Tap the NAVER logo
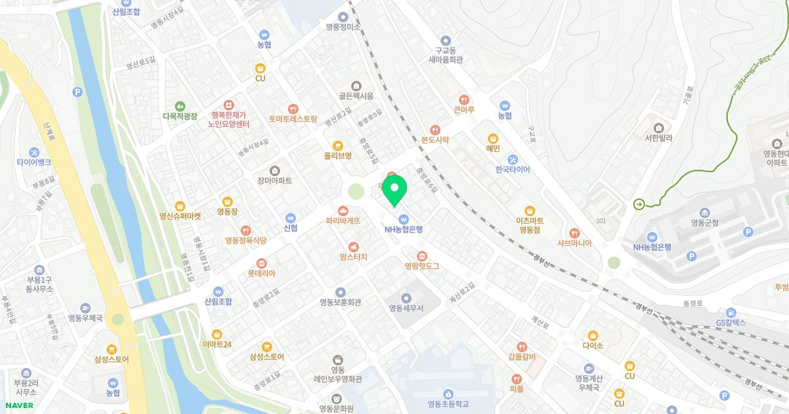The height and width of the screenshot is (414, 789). tap(18, 405)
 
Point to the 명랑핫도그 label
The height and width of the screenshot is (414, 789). tap(421, 266)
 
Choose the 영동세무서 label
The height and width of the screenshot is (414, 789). tap(406, 308)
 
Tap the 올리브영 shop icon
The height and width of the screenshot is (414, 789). tap(337, 145)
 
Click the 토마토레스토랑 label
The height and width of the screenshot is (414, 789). tap(293, 120)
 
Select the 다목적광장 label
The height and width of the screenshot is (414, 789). tap(179, 116)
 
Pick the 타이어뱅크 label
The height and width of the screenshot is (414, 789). tap(34, 162)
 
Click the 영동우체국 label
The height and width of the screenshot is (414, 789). tap(85, 318)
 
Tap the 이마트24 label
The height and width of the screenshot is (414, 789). tap(217, 344)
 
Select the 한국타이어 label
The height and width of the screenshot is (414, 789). tap(513, 170)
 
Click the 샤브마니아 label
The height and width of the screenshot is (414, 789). tap(574, 242)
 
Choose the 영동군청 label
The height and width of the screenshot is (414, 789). tap(704, 222)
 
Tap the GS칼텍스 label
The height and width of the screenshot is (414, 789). tap(731, 323)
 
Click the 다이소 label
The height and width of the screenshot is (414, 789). tap(592, 345)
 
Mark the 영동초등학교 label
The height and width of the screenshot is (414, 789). tap(448, 403)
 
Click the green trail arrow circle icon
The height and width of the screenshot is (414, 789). tap(638, 204)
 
